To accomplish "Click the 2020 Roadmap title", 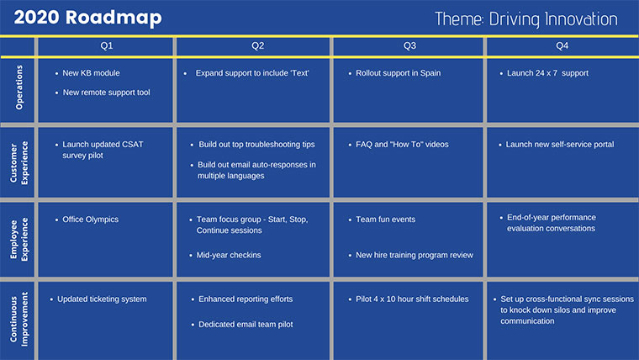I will coord(87,18).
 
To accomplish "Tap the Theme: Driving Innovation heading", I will coord(526,19).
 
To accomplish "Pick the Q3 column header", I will coord(409,46).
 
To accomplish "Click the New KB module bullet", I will coord(92,73).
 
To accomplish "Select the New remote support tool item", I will coord(106,93).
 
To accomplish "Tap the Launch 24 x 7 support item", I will coord(547,73).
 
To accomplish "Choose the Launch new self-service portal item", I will coord(559,145).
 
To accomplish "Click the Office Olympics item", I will coord(90,220).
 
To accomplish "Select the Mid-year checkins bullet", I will coord(230,255).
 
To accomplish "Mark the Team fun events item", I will coord(385,220).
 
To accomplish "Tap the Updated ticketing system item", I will coord(102,299).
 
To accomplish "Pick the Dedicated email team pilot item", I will coord(246,324).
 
